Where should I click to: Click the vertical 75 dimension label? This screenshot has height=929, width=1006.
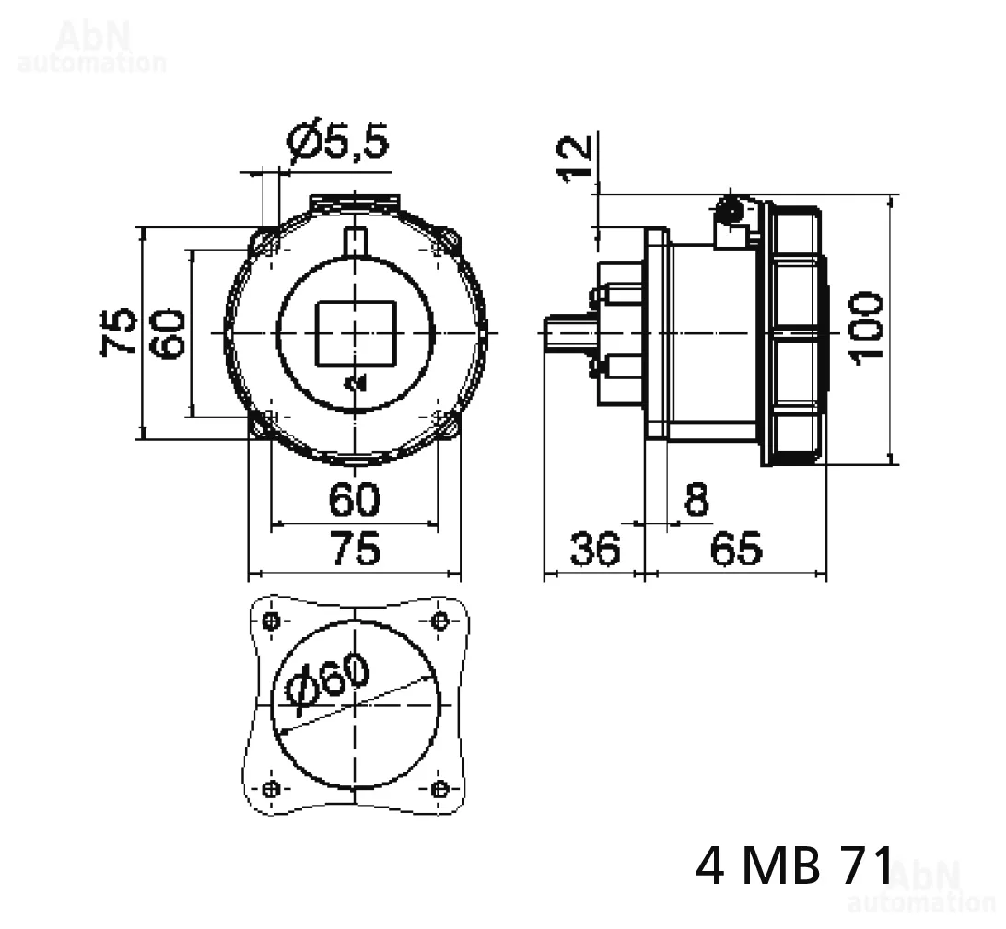click(x=119, y=331)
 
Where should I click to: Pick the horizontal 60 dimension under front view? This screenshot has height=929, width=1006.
click(x=354, y=499)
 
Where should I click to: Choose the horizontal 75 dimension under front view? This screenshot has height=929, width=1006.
click(x=357, y=548)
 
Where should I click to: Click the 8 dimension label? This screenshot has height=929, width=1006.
click(x=696, y=499)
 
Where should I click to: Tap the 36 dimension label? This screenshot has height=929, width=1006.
click(x=595, y=548)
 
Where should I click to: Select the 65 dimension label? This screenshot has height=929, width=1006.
click(x=737, y=548)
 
